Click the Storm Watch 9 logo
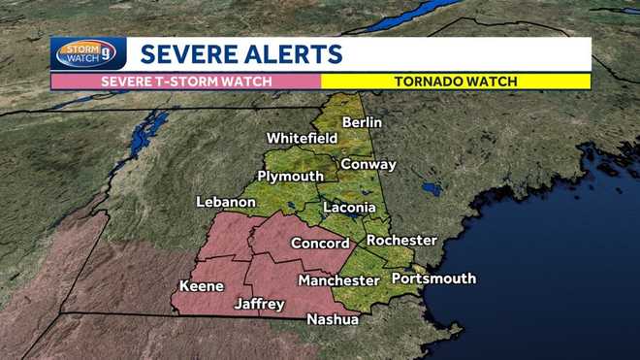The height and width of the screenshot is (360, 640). [x=88, y=53]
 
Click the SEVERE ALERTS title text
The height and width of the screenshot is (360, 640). [x=240, y=53]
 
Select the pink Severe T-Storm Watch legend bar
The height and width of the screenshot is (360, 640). [x=186, y=82]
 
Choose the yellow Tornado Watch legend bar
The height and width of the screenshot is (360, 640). [x=456, y=82]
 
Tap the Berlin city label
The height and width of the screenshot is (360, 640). [x=361, y=122]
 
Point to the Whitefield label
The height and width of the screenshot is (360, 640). [x=302, y=139]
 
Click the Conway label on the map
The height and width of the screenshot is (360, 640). [x=368, y=164]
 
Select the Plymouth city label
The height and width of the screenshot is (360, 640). [x=290, y=176]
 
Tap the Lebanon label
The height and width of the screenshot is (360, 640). [x=226, y=202]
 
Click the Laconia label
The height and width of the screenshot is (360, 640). [x=349, y=208]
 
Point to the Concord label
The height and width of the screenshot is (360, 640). [x=320, y=244]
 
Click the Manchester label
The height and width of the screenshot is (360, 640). [x=338, y=280]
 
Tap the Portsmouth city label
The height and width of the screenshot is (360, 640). [x=433, y=278]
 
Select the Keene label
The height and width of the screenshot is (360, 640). [x=202, y=286]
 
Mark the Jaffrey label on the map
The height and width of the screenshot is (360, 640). [x=260, y=304]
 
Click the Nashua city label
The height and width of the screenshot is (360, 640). [x=333, y=319]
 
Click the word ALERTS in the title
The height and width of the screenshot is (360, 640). [x=290, y=53]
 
